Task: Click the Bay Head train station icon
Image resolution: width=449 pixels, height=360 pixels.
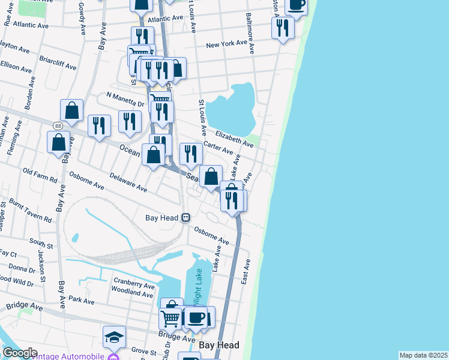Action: [x=186, y=217]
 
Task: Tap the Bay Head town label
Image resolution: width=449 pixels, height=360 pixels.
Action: [x=219, y=345]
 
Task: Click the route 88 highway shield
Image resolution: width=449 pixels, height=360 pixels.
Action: [x=58, y=125]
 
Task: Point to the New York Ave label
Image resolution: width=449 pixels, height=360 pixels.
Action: [x=226, y=44]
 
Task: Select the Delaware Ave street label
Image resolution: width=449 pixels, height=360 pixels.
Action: [x=128, y=183]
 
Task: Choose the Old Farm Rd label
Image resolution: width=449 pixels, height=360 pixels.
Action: [x=40, y=175]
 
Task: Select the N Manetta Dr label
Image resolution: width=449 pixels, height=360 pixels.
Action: [x=125, y=99]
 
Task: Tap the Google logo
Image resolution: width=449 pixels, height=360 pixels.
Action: [x=20, y=353]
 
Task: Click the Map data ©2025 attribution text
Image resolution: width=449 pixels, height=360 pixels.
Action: [x=423, y=355]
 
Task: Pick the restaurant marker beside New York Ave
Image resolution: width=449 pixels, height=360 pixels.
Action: [x=282, y=27]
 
